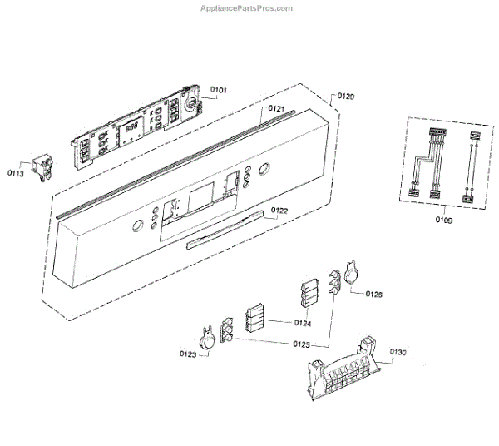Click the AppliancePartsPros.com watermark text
(x=248, y=8)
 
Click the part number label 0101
(x=219, y=90)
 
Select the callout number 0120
(x=345, y=97)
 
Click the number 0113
(x=16, y=173)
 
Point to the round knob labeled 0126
(x=352, y=275)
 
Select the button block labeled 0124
(x=254, y=318)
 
